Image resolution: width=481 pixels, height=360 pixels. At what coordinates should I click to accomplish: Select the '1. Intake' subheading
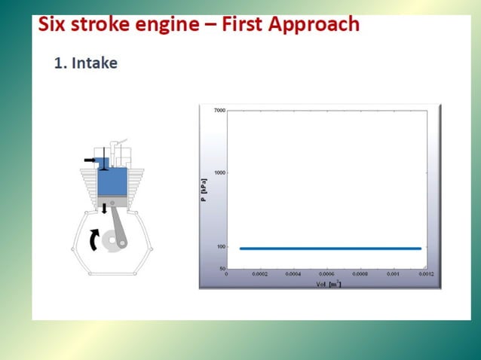(x=85, y=63)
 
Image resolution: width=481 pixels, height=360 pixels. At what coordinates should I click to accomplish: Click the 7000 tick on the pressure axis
(x=219, y=111)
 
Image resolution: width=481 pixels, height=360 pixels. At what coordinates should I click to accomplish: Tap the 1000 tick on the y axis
(x=219, y=172)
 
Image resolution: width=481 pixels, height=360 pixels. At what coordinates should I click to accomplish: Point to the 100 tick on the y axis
(x=220, y=247)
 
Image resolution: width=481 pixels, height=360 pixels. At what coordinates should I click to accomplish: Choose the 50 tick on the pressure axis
(x=222, y=269)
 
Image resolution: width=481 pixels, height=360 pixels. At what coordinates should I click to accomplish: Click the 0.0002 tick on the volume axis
(x=260, y=275)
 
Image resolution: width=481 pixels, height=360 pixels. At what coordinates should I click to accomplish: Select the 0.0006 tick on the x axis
(x=326, y=275)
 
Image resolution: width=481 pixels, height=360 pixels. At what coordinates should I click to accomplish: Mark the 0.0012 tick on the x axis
(x=426, y=275)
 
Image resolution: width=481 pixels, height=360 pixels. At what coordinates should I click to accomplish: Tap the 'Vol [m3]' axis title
(x=328, y=283)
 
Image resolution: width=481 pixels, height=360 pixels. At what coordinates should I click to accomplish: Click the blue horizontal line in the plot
(x=329, y=248)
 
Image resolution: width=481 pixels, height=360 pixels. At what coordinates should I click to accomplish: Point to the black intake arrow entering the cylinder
(x=90, y=161)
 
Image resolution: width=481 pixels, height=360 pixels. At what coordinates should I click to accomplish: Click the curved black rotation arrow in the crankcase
(x=93, y=239)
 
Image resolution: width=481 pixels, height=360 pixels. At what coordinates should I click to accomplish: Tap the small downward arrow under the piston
(x=104, y=208)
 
